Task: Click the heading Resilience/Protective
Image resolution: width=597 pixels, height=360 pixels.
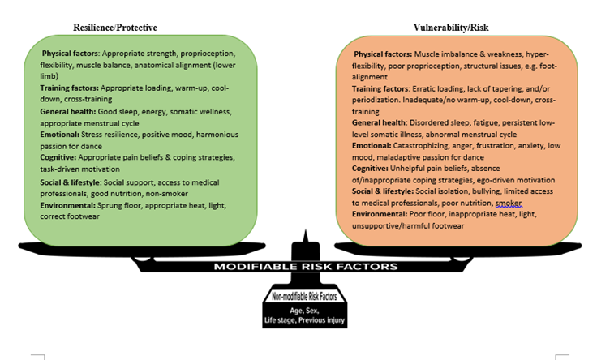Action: tap(115, 28)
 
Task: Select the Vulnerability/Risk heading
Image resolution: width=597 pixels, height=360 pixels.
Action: tap(451, 28)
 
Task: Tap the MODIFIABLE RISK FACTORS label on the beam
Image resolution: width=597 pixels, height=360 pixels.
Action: tap(306, 267)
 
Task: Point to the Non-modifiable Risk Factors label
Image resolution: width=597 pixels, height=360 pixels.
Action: tap(305, 296)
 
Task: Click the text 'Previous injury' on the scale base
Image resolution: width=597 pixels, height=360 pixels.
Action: tap(321, 320)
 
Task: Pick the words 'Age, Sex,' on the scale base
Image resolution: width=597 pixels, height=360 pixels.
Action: tap(304, 311)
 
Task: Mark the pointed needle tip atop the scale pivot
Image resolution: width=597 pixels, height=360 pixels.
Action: tap(305, 229)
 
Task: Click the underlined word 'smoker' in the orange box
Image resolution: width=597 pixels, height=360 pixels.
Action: tap(509, 203)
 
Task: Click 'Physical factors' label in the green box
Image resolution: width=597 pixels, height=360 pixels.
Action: tap(71, 54)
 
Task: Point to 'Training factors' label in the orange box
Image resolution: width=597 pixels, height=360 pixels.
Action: tap(380, 88)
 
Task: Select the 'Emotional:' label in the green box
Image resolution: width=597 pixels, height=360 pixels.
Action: tap(60, 135)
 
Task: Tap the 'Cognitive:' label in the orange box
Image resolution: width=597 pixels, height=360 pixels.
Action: tap(370, 168)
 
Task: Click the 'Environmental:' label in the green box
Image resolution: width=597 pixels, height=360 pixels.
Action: tap(68, 205)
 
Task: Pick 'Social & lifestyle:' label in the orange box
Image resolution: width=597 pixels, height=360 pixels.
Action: tap(383, 191)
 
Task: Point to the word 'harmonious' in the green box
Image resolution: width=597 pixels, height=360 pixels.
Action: tap(217, 135)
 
